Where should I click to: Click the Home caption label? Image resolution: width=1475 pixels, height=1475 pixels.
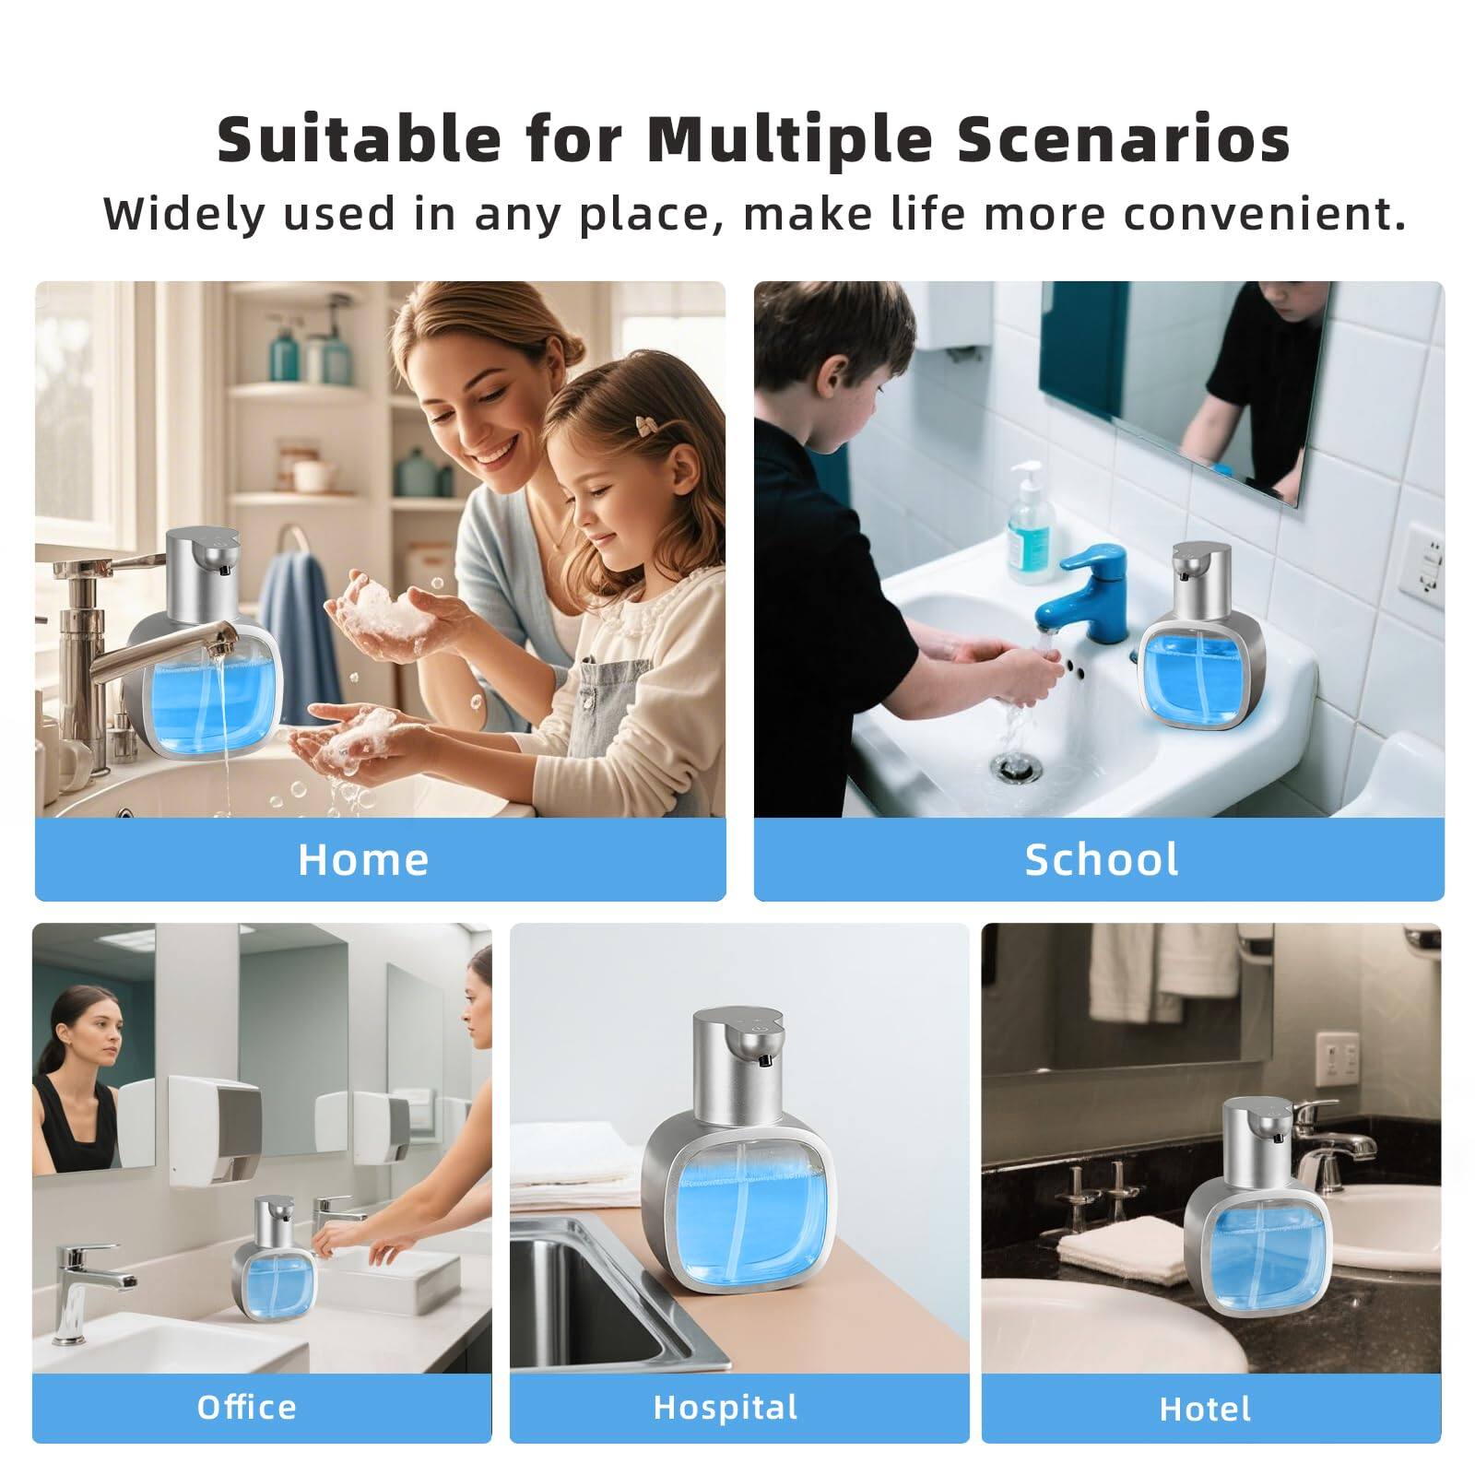pyautogui.click(x=363, y=859)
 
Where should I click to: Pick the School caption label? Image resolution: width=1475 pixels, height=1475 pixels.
pyautogui.click(x=1101, y=859)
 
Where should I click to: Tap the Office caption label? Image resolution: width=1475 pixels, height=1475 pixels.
pyautogui.click(x=246, y=1407)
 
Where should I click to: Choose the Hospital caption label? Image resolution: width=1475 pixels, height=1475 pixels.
pyautogui.click(x=725, y=1407)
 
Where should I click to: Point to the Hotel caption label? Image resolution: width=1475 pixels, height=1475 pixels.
pyautogui.click(x=1205, y=1409)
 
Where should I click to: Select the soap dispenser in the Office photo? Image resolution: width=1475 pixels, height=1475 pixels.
pyautogui.click(x=275, y=1258)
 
